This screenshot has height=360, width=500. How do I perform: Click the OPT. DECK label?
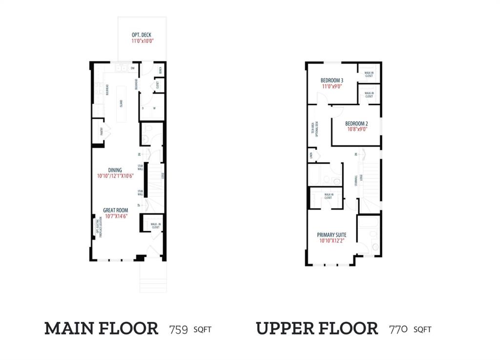(x=142, y=35)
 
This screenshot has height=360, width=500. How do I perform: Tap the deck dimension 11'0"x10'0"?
(x=142, y=42)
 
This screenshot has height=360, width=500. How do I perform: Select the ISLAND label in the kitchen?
(x=122, y=104)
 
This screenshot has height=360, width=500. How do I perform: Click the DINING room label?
(x=115, y=170)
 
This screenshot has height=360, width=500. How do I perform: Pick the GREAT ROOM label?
(x=115, y=211)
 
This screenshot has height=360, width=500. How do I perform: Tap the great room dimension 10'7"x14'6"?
(x=115, y=216)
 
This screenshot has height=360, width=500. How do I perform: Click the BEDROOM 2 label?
(x=356, y=124)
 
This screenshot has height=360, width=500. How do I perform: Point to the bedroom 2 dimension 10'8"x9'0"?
(x=356, y=129)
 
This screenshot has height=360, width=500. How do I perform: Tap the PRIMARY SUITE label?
(x=332, y=235)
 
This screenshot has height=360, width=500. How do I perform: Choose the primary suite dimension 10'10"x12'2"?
(x=332, y=241)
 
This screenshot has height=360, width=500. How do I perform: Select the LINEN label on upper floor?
(x=311, y=156)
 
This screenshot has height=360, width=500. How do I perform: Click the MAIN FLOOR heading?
(x=102, y=329)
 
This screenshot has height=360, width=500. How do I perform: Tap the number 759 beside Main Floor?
(x=179, y=330)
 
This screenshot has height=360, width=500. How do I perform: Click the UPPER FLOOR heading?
(x=317, y=329)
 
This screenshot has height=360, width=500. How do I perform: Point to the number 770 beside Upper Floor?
(x=398, y=330)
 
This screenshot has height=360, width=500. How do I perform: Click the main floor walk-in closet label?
(x=155, y=226)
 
